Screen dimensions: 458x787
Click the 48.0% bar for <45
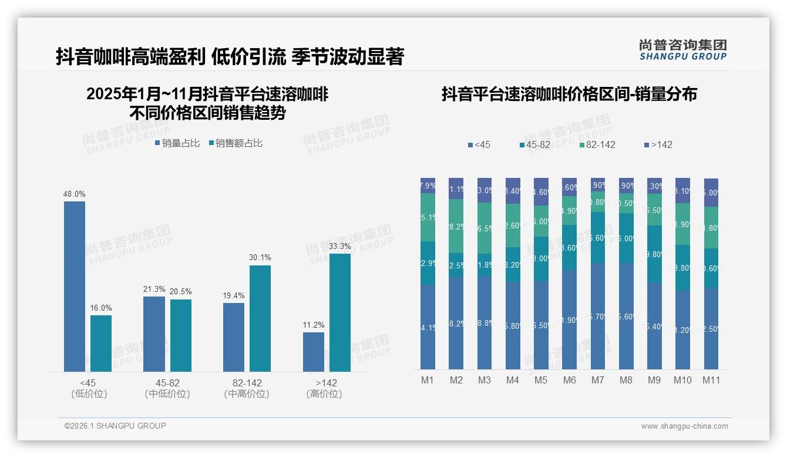click(x=75, y=286)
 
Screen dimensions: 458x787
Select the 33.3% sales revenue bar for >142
click(x=340, y=312)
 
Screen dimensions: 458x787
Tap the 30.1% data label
click(x=260, y=258)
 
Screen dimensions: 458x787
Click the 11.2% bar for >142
click(x=314, y=352)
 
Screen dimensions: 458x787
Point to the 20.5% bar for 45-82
click(x=181, y=335)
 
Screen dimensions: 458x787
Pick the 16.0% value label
click(x=101, y=308)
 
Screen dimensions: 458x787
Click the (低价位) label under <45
click(x=89, y=394)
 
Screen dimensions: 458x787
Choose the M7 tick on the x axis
click(x=597, y=380)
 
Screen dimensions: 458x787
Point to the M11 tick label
click(x=711, y=380)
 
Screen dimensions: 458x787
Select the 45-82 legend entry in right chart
click(x=536, y=144)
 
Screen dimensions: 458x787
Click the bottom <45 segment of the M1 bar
click(x=428, y=327)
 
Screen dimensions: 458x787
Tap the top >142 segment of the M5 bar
click(x=541, y=191)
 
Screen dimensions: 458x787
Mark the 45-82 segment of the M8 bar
click(x=626, y=238)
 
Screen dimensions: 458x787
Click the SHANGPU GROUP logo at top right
click(x=682, y=49)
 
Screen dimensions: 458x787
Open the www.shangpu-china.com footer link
click(x=684, y=426)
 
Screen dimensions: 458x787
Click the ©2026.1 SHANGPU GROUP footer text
click(x=115, y=426)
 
